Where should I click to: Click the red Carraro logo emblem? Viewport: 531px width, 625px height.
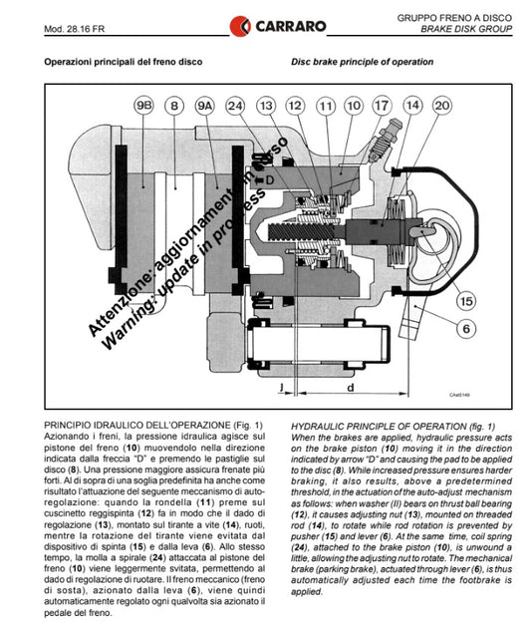240,26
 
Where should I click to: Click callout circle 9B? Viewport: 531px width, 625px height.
143,106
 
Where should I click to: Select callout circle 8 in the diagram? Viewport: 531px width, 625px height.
174,106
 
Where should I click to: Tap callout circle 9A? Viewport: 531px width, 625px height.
205,106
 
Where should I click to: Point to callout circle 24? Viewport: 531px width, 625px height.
235,106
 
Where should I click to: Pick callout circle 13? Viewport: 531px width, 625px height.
266,106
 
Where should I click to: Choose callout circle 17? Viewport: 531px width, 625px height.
382,106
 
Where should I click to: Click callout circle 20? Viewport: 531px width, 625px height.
442,106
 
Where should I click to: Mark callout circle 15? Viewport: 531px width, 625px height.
466,301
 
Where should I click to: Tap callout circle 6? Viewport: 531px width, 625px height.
466,329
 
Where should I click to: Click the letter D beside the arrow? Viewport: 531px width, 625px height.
270,180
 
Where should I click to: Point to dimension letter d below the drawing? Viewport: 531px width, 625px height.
351,388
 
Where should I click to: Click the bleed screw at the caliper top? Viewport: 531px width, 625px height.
386,141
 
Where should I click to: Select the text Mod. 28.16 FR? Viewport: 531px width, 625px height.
75,29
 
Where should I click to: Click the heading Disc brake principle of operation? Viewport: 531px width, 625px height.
362,62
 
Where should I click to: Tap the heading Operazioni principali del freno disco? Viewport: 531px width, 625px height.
124,62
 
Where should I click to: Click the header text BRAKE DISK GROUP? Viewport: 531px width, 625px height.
466,29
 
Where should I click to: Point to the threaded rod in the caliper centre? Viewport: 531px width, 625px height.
302,231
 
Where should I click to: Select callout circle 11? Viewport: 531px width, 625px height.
326,106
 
